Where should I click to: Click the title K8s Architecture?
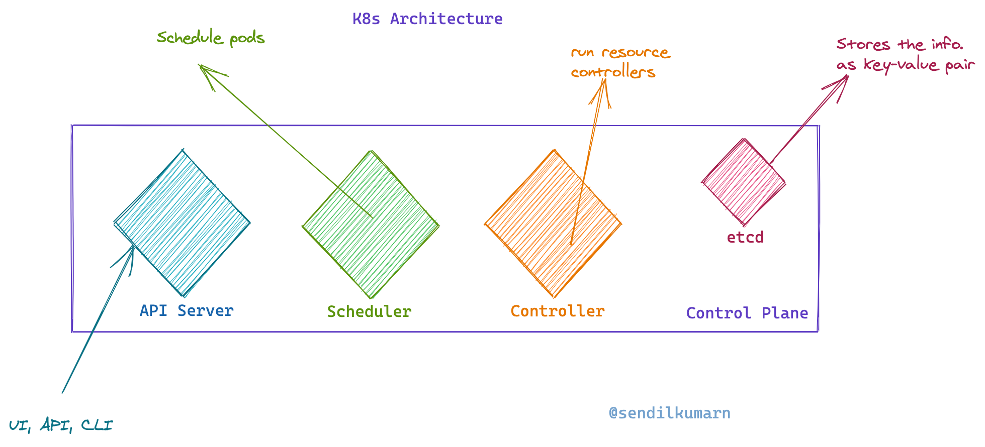point(427,19)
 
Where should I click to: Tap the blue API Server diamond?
point(182,223)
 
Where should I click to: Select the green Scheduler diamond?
point(371,225)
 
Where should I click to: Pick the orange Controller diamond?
point(553,224)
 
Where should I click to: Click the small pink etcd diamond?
point(743,182)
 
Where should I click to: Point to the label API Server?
point(187,310)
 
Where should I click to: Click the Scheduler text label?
point(369,311)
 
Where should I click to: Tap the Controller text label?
point(558,311)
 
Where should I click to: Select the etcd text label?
point(745,237)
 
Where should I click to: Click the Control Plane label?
point(747,313)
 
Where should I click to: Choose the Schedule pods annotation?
point(211,38)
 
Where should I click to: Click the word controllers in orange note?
point(613,72)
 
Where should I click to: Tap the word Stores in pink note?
point(863,44)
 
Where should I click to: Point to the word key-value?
point(901,65)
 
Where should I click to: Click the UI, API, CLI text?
point(61,425)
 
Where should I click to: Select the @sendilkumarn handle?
point(669,413)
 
